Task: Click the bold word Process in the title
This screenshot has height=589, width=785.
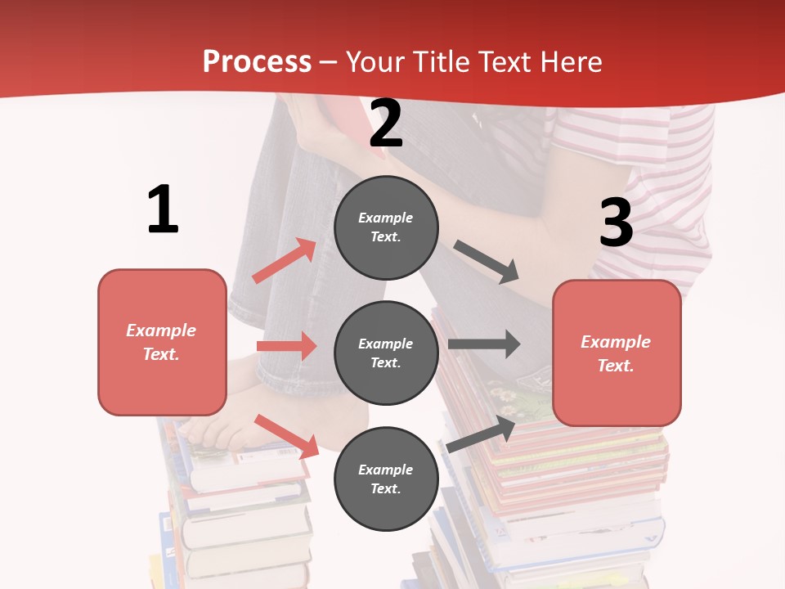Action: click(257, 61)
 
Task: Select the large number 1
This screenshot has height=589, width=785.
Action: click(163, 209)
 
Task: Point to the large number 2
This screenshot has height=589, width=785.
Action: click(386, 124)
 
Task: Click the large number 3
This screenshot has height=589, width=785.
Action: click(617, 223)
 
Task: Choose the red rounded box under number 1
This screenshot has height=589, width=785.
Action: click(162, 342)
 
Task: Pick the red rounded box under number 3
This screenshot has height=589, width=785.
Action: click(617, 353)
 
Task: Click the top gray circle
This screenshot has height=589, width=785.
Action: click(386, 227)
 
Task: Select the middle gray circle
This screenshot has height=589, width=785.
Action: click(386, 353)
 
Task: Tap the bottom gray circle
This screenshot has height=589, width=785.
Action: click(386, 479)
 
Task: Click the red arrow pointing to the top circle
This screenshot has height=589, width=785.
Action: click(284, 261)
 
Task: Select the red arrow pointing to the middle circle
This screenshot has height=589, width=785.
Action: click(286, 346)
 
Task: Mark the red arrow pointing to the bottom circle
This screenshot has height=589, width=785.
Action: click(286, 436)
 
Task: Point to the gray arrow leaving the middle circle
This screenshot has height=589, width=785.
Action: click(484, 344)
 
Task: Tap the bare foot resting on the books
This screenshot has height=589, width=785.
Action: click(217, 425)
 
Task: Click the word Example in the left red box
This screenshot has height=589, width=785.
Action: click(161, 330)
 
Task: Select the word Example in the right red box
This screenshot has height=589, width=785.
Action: click(616, 342)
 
